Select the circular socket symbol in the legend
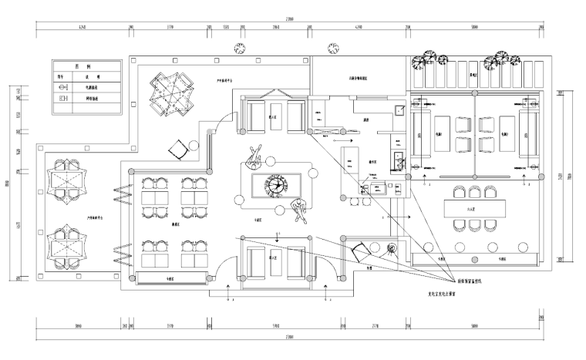click(64, 88)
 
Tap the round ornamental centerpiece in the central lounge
click(275, 185)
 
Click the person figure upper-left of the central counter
click(256, 157)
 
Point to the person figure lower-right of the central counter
click(299, 209)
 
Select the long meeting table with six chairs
click(473, 208)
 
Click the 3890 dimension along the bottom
click(79, 326)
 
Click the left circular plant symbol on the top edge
click(241, 48)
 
